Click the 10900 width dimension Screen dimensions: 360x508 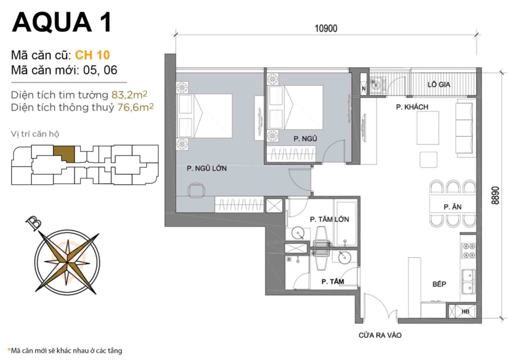pyautogui.click(x=326, y=28)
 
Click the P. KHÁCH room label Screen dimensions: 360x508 pyautogui.click(x=411, y=107)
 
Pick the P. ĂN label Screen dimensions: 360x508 pyautogui.click(x=452, y=206)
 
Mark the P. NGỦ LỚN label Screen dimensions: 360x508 pyautogui.click(x=206, y=169)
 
